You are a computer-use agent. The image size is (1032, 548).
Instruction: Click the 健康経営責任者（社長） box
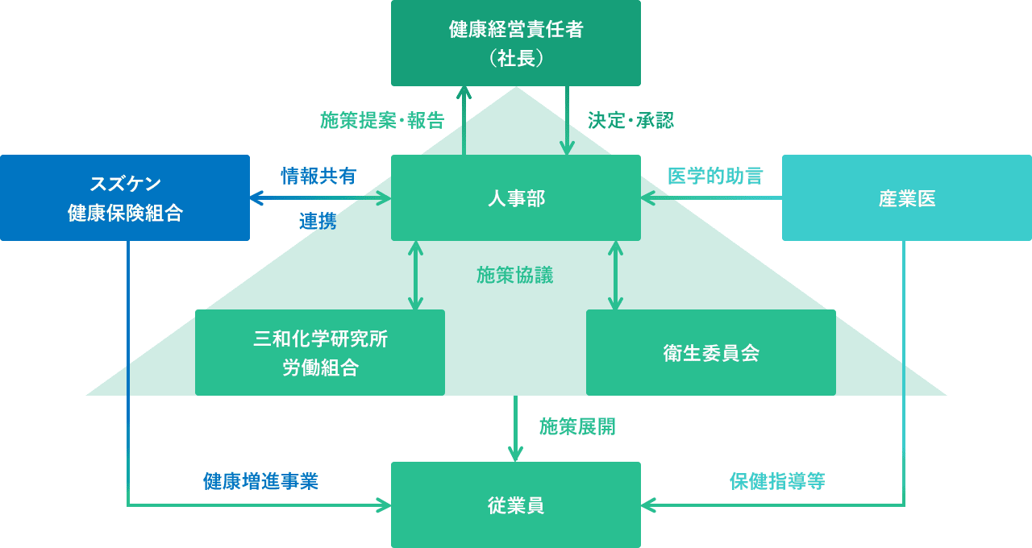[516, 43]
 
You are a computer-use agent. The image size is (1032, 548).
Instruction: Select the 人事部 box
[516, 197]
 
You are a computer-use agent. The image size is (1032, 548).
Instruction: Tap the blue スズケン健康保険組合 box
[125, 197]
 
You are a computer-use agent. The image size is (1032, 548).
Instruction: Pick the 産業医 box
[907, 197]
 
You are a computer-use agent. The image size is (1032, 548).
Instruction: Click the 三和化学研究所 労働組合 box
[320, 353]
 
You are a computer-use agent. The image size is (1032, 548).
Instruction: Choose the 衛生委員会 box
[711, 353]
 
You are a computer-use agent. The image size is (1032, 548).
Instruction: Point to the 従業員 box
[516, 505]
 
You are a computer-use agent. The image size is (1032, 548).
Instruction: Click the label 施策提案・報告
[382, 121]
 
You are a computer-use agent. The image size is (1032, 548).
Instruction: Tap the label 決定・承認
[630, 121]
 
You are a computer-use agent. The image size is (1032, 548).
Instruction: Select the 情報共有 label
[318, 176]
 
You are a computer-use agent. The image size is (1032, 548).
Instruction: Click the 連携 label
[318, 222]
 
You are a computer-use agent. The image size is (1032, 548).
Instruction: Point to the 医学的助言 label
[715, 176]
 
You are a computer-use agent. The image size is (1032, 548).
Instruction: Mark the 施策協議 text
[515, 276]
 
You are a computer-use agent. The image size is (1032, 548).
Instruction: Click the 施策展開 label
[577, 427]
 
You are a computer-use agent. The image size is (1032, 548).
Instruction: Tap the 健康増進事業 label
[260, 482]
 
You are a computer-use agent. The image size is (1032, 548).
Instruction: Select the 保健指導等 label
[777, 482]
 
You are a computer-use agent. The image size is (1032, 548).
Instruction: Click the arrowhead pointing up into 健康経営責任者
[464, 91]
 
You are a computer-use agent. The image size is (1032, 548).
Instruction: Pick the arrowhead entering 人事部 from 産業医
[647, 197]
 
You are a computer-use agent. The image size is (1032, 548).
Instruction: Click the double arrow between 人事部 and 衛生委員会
[615, 275]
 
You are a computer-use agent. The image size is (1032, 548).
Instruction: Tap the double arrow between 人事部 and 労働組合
[415, 275]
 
